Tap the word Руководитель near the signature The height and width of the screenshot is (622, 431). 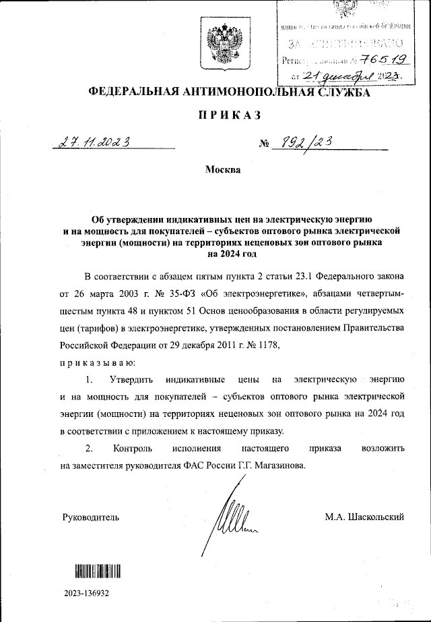[x=90, y=517]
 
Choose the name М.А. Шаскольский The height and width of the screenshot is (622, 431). [x=364, y=517]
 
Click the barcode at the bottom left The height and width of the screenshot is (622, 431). [x=98, y=571]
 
